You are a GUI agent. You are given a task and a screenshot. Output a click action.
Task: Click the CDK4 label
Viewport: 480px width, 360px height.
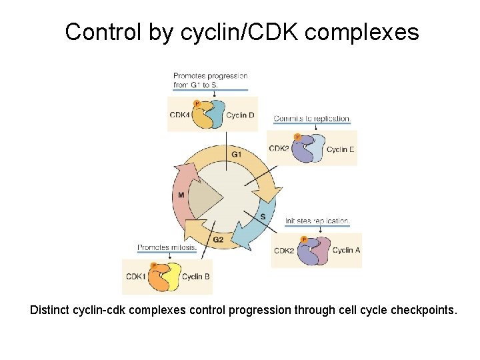[179, 115]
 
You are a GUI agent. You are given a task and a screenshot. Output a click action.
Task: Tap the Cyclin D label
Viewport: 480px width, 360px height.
[240, 115]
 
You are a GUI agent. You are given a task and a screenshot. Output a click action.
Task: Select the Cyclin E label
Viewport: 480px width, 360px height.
[341, 149]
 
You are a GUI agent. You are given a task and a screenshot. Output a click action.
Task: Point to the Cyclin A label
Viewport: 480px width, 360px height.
[346, 251]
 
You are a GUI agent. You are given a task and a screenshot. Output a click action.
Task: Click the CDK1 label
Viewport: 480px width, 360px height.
[135, 277]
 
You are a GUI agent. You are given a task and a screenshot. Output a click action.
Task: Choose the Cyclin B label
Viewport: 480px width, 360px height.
[196, 277]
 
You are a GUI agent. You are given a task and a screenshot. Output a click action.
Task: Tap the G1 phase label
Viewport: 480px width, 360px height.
[236, 155]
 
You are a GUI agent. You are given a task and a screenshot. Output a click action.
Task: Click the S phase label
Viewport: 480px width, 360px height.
[263, 217]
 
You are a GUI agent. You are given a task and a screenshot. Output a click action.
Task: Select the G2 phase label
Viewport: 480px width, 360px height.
[217, 239]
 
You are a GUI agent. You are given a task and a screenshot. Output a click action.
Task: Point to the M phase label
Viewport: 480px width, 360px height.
[181, 195]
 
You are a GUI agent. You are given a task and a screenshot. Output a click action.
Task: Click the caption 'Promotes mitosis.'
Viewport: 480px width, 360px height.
[167, 247]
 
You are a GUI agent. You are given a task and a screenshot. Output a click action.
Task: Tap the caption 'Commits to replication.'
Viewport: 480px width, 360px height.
[311, 119]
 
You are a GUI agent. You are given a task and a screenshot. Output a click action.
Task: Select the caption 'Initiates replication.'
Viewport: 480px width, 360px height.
[317, 221]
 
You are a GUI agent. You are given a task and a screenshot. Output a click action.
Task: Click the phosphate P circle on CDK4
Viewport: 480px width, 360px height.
[196, 103]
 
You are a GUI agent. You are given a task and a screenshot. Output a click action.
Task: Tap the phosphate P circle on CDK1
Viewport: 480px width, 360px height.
[153, 265]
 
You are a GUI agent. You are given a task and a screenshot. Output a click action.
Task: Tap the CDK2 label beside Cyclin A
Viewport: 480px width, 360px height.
[284, 251]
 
